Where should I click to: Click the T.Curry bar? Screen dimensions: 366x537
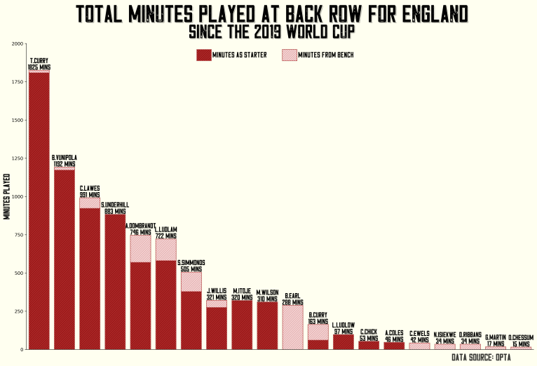[x=39, y=210]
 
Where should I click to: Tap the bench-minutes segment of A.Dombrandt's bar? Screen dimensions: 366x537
[x=141, y=248]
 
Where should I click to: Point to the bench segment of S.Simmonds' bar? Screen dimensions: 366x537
[x=191, y=281]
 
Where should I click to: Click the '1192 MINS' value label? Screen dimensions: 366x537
[x=64, y=163]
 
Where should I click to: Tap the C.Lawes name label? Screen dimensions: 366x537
[x=90, y=188]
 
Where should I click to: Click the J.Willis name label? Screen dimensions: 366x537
[x=217, y=290]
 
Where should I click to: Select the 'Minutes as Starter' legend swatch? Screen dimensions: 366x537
[x=204, y=55]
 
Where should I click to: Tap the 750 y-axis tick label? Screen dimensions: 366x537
[x=18, y=235]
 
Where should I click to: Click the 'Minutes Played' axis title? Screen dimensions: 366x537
[x=7, y=196]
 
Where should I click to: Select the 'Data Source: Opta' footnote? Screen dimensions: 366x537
[x=481, y=358]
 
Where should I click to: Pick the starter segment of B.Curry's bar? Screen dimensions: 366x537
[x=318, y=344]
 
